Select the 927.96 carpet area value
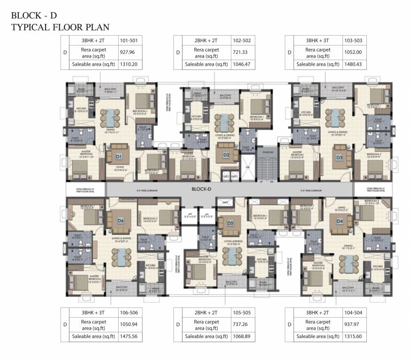(128, 52)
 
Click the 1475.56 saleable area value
(128, 337)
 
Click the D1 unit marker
(119, 156)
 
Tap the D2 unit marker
(226, 155)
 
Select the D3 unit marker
(339, 157)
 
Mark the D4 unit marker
(339, 221)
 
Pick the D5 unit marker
(230, 223)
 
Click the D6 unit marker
(121, 220)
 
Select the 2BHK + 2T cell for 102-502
(202, 41)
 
